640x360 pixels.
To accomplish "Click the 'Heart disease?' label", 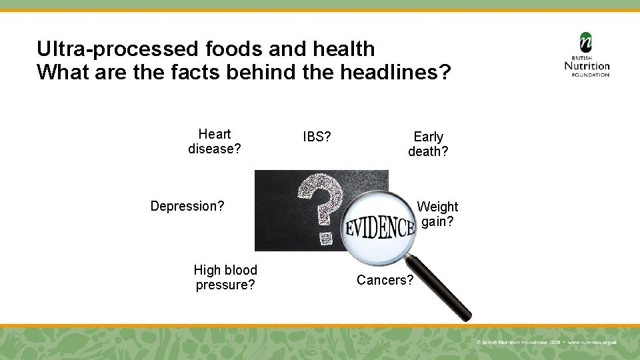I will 214,141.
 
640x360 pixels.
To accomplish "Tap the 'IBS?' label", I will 317,137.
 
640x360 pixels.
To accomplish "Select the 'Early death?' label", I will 428,144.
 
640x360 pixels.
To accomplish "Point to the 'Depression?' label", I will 187,206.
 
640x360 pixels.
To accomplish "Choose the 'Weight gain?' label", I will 437,214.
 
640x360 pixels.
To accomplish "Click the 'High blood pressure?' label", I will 225,277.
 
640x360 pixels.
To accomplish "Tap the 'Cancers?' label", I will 385,280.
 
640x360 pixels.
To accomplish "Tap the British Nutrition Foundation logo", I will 587,55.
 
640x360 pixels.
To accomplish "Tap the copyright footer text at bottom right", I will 547,342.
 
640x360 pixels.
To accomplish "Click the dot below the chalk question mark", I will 325,237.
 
